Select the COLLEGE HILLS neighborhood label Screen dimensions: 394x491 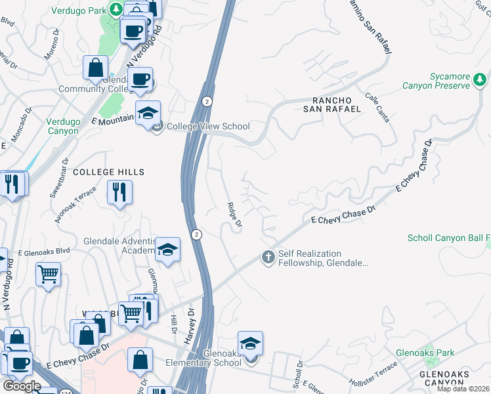click(x=108, y=172)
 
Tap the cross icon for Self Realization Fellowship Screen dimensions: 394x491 click(x=268, y=257)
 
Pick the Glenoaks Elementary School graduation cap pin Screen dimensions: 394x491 click(x=250, y=344)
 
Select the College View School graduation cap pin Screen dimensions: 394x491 click(x=148, y=112)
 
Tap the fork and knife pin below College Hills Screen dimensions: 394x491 click(x=119, y=192)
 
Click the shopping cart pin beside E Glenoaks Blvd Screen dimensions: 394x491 click(x=49, y=274)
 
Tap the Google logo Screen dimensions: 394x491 click(x=21, y=386)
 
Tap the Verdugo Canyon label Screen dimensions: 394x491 click(x=62, y=126)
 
